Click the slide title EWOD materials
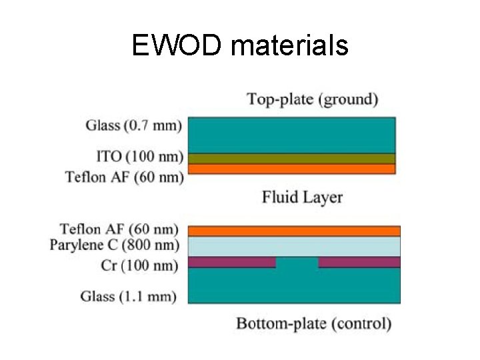point(240,46)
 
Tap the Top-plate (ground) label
point(313,100)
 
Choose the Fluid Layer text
point(302,197)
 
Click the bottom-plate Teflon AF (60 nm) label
point(119,229)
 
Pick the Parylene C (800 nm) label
point(115,245)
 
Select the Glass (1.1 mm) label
point(128,295)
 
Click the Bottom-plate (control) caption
point(313,324)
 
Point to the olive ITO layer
point(292,159)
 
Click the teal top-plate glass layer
point(292,135)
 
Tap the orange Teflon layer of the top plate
point(292,169)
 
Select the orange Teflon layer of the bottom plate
point(294,231)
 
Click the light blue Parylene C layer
point(294,246)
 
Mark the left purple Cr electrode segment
point(231,262)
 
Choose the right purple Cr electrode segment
point(359,262)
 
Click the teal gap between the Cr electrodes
point(297,263)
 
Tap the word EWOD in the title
point(175,46)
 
